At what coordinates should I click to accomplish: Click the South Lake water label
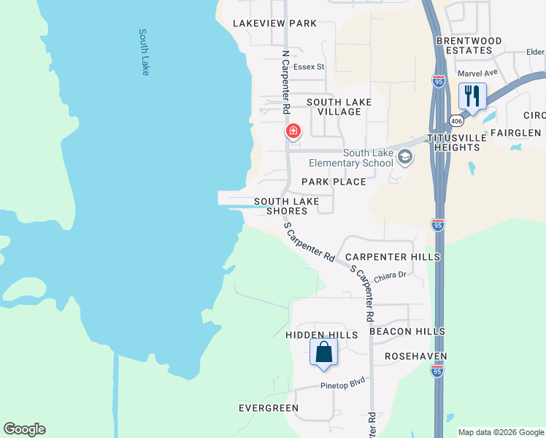[144, 52]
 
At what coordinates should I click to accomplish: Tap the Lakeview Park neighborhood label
[274, 23]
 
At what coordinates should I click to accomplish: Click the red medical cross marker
[293, 131]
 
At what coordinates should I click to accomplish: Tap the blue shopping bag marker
[323, 353]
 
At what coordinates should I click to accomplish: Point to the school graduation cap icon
[404, 156]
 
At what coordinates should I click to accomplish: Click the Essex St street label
[309, 67]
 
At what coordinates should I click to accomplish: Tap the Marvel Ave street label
[477, 73]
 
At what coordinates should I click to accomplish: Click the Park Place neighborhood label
[334, 182]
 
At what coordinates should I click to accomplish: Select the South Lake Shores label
[286, 206]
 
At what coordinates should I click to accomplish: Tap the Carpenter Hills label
[393, 257]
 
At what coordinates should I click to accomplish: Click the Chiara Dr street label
[389, 277]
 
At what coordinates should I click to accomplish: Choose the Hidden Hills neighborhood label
[322, 335]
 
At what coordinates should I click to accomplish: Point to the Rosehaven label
[416, 356]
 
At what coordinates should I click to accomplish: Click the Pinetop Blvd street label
[342, 384]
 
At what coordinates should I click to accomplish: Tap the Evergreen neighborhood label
[269, 408]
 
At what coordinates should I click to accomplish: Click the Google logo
[24, 429]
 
